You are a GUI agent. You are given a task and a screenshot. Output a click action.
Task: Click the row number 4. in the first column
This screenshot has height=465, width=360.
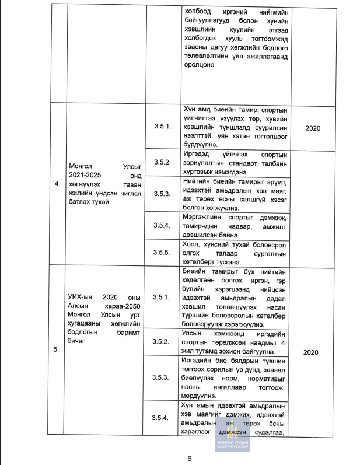57,184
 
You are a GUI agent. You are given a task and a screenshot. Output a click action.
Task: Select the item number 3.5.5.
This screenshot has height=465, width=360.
161,253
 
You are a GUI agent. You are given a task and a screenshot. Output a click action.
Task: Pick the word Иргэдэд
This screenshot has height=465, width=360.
199,153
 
